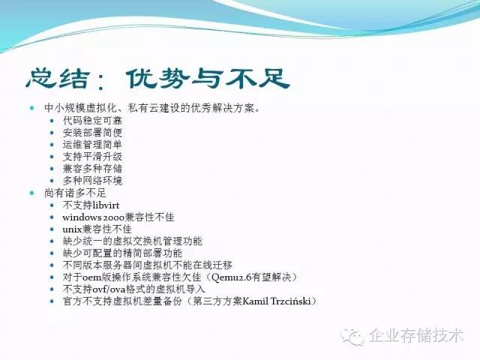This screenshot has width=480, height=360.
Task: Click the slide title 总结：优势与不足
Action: click(157, 77)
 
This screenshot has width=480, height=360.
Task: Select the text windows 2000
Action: click(94, 217)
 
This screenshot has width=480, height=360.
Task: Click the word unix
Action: click(73, 229)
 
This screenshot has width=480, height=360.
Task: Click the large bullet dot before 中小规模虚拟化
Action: click(32, 108)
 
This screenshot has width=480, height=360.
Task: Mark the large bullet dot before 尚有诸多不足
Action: click(32, 193)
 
